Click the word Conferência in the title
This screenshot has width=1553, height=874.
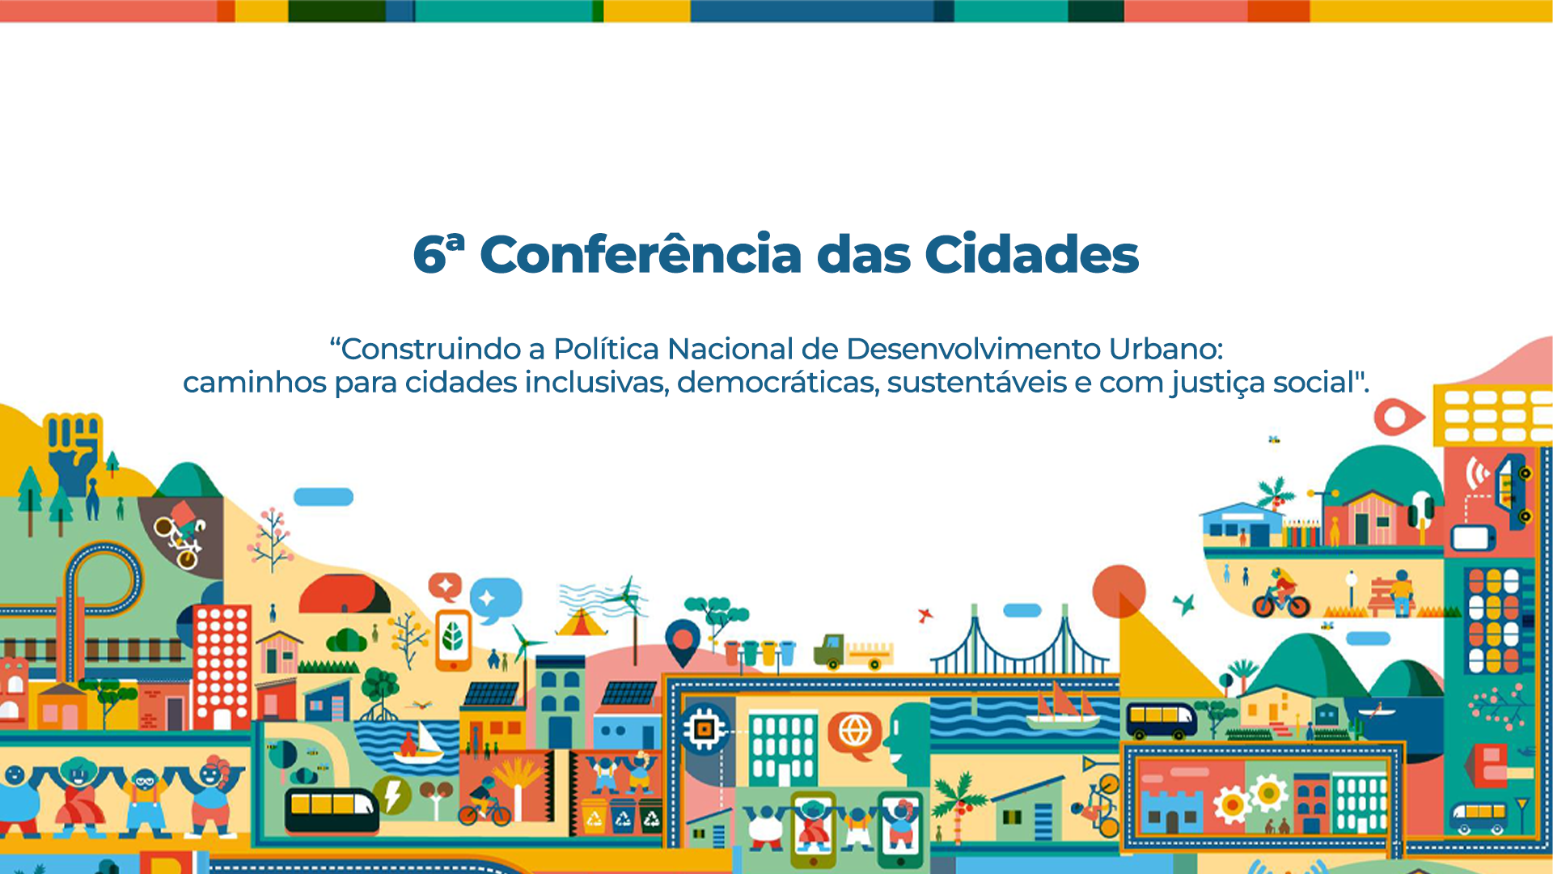[642, 254]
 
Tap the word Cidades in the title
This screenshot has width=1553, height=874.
[1031, 254]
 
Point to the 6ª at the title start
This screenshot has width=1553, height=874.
[439, 253]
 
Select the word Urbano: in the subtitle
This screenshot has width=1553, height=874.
[1166, 349]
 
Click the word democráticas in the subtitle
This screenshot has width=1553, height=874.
[778, 382]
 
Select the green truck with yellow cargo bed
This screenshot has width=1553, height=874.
[853, 651]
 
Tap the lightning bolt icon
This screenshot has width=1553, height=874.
[392, 795]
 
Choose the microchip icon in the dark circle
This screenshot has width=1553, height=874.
[704, 728]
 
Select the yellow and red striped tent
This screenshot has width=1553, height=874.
[581, 622]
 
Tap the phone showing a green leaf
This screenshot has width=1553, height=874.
[453, 640]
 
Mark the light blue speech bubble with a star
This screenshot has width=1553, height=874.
[496, 600]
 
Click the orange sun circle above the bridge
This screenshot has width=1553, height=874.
[1119, 592]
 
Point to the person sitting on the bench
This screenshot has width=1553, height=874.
[1400, 592]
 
